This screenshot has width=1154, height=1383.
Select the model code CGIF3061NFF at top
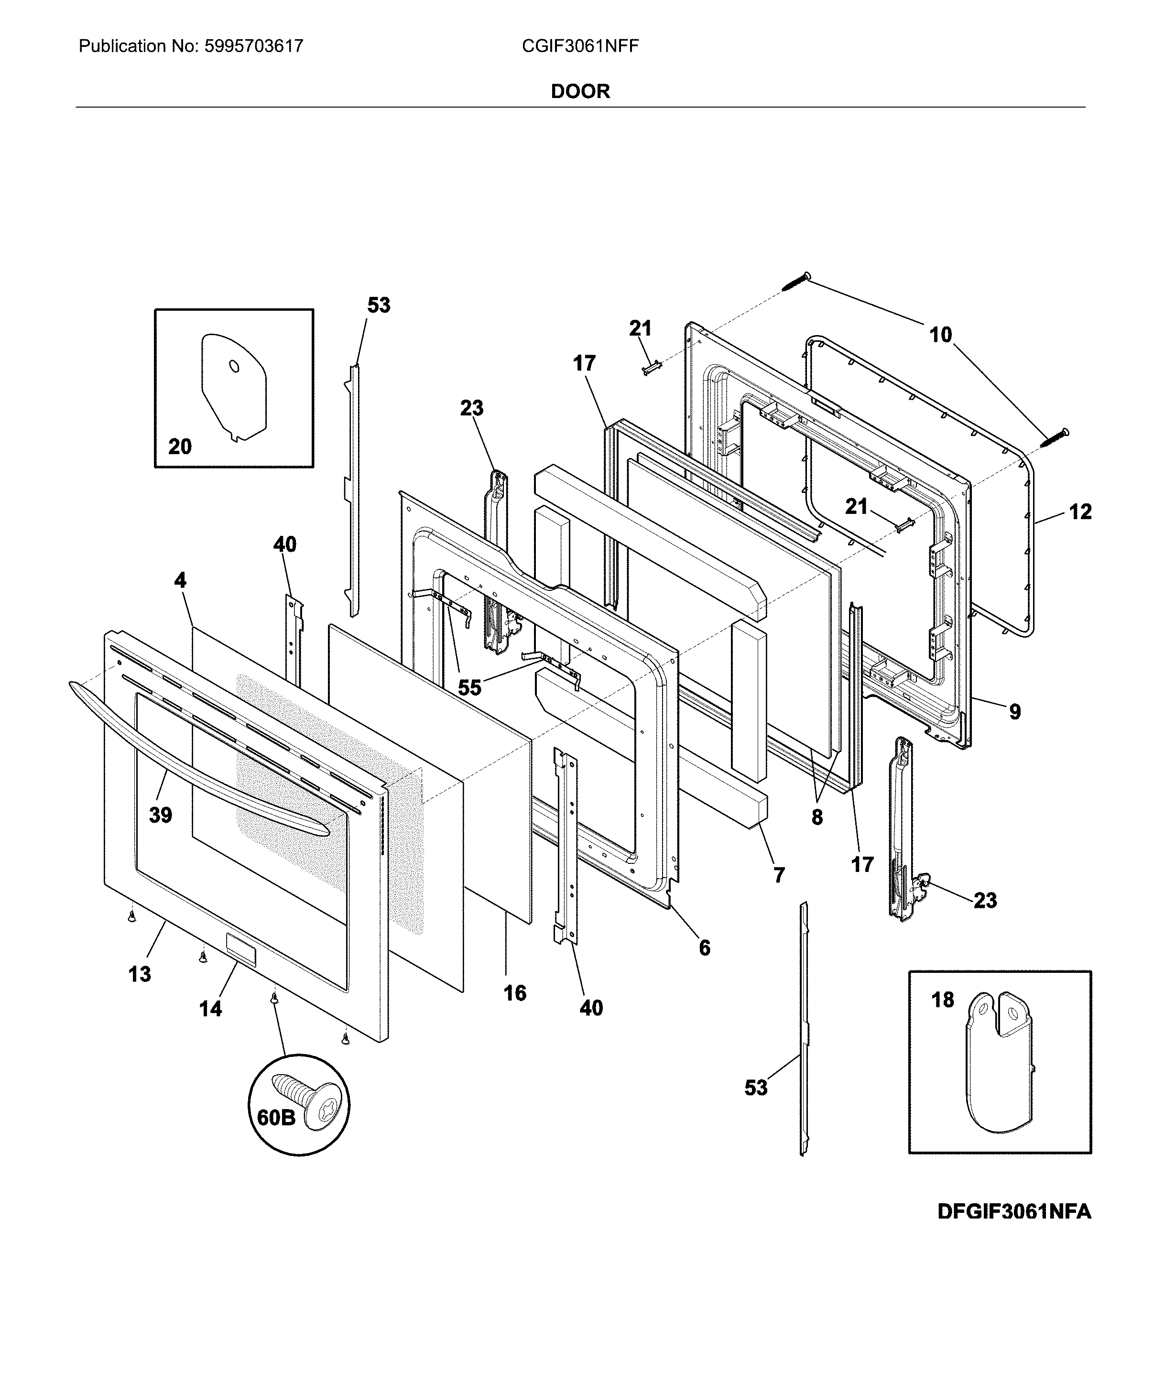[580, 46]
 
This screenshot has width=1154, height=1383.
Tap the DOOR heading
[580, 91]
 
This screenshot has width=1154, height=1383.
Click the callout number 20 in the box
[179, 446]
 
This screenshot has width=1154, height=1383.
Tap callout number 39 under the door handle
[160, 815]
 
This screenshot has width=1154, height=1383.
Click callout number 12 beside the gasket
[1079, 511]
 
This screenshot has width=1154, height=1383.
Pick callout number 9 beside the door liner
[1015, 711]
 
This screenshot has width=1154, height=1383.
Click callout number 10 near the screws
[941, 335]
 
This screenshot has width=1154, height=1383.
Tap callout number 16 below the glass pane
[514, 992]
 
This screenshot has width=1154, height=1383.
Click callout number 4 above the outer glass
[180, 580]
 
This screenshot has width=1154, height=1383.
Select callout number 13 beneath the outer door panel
[139, 973]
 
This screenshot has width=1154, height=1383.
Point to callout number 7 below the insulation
[779, 875]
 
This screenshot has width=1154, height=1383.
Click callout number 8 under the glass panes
[817, 817]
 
